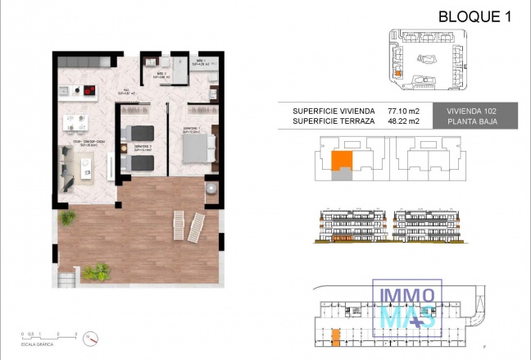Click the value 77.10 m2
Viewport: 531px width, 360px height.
click(x=402, y=110)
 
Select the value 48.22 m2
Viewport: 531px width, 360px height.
click(x=402, y=121)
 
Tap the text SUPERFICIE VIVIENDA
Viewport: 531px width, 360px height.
click(x=334, y=110)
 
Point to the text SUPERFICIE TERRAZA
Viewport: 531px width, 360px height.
click(x=334, y=121)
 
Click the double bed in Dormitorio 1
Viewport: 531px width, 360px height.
click(x=198, y=148)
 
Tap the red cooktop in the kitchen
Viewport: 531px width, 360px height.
click(x=85, y=90)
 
